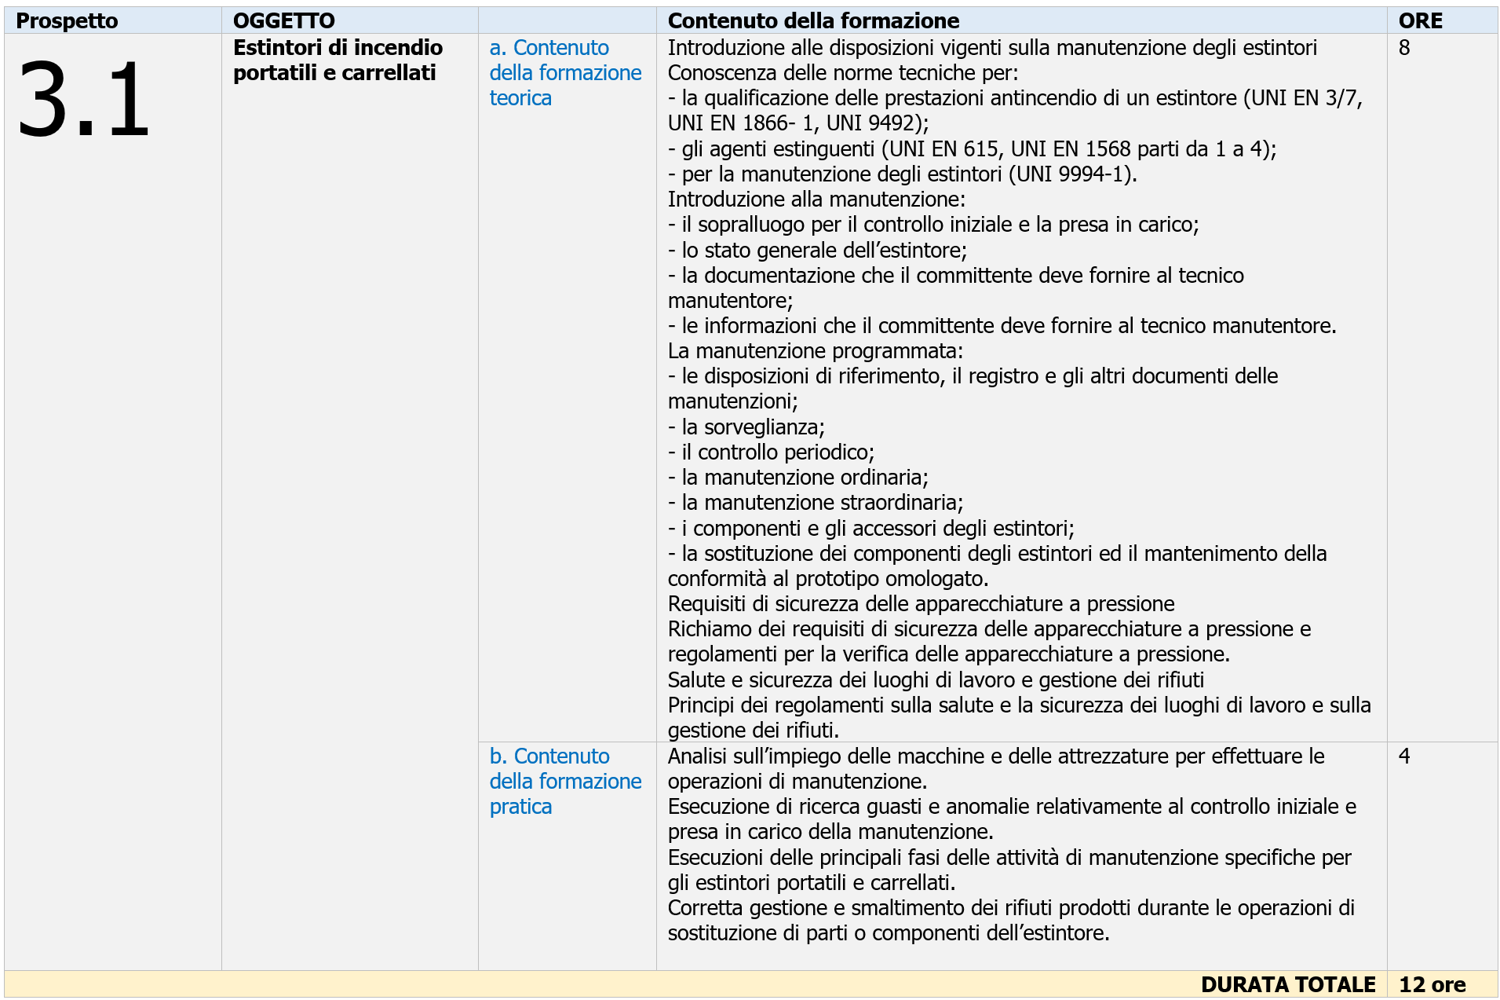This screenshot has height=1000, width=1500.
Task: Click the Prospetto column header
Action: tap(67, 21)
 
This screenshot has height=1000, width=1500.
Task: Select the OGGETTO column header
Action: tap(284, 21)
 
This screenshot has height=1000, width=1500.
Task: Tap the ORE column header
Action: tap(1420, 21)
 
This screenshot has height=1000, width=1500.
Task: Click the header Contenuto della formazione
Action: tap(813, 21)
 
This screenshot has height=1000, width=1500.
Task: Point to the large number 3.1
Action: tap(83, 100)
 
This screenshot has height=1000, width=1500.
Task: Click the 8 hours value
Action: tap(1404, 48)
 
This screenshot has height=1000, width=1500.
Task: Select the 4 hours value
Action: tap(1404, 756)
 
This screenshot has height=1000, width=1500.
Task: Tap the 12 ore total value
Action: tap(1432, 984)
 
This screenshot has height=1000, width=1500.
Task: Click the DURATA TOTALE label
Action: tap(1287, 984)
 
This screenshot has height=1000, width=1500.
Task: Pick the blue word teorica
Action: tap(520, 98)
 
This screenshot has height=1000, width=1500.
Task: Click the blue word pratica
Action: tap(520, 807)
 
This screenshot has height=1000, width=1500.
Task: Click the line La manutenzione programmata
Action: tap(815, 351)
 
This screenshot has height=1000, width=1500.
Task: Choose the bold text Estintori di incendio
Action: tap(338, 48)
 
